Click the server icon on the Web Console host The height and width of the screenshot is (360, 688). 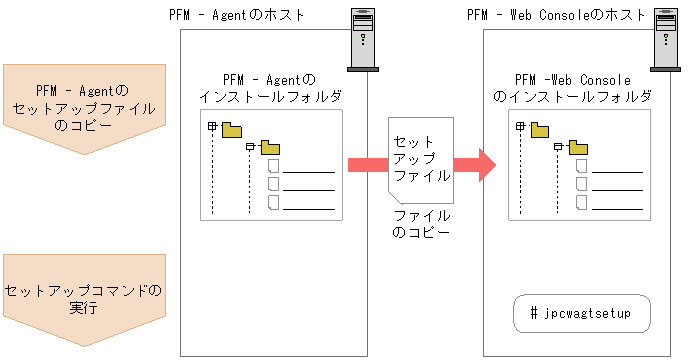(663, 38)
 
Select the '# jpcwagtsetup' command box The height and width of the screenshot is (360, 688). (581, 314)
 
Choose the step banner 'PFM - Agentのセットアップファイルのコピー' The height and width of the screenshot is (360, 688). (84, 109)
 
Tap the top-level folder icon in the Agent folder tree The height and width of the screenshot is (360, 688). (232, 128)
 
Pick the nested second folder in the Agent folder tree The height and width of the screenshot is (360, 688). (269, 148)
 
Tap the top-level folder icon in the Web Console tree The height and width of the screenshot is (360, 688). (540, 128)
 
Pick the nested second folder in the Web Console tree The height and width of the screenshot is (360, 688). (577, 148)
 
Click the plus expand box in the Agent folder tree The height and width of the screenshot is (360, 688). (212, 127)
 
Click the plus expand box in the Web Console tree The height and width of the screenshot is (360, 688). (520, 127)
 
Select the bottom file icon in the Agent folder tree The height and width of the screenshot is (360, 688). (272, 203)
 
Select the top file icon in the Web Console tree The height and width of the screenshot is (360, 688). (580, 167)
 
